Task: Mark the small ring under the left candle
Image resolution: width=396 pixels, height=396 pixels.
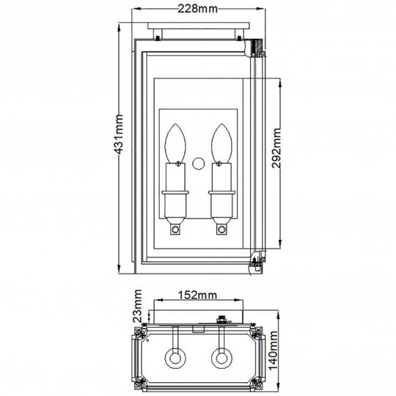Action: [x=175, y=231]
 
